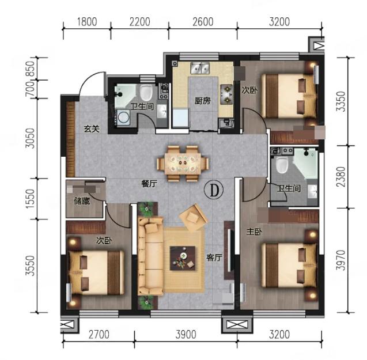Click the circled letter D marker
coord(214,190)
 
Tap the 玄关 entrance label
coord(92,129)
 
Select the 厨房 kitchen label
coord(203,101)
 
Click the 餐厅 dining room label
coord(149,184)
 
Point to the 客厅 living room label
coord(214,257)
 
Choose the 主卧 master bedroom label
coord(255,232)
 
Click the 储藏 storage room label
coord(82,201)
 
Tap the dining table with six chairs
coord(183,164)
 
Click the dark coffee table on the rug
coord(183,258)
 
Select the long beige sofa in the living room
coord(150,256)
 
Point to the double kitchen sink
coord(200,68)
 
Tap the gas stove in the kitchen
coord(227,94)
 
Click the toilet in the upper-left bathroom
coord(146,93)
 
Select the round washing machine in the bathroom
coord(123,117)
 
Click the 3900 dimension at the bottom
coord(186,335)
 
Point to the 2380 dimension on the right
coord(341,177)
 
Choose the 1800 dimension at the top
coord(87,22)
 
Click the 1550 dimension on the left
coord(30,199)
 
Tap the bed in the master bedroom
coord(289,265)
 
